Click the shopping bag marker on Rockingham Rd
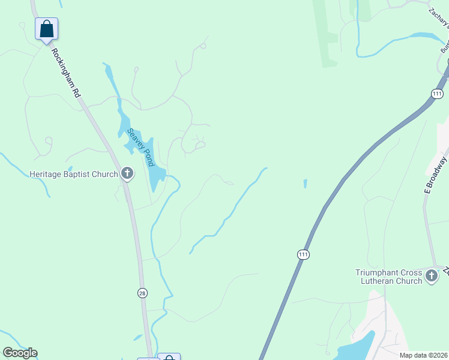point(46,29)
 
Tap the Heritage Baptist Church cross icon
point(127,174)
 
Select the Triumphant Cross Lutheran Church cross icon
point(431,276)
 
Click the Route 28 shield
point(142,293)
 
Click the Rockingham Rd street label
point(65,74)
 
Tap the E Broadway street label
point(436,175)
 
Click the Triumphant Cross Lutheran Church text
point(388,276)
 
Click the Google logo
point(20,353)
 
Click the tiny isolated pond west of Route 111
point(305,184)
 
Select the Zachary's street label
point(439,17)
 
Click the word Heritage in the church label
point(46,175)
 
